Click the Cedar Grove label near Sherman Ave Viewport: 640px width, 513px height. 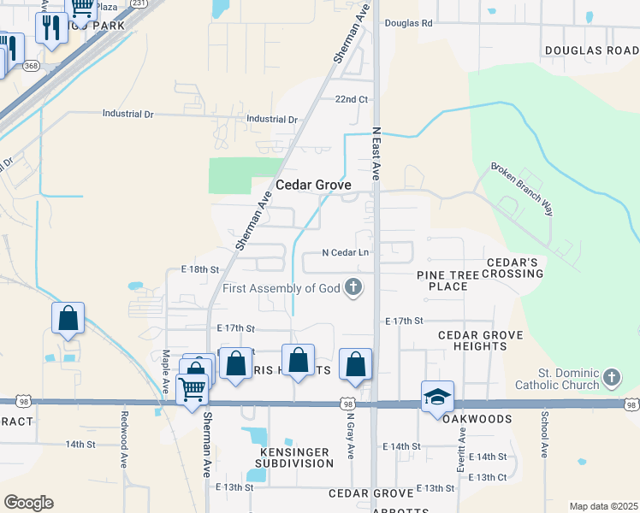coord(313,185)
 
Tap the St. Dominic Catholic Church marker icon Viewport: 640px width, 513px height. coord(611,377)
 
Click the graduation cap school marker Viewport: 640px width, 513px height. coord(436,396)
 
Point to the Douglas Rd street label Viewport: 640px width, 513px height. coord(408,23)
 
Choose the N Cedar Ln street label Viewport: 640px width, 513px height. coord(345,252)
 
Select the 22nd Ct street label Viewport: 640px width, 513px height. coord(351,99)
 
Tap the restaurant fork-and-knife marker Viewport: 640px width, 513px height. coord(51,28)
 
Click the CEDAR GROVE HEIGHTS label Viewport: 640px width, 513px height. coord(472,340)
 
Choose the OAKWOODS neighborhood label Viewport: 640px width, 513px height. coord(477,419)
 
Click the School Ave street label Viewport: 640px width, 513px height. coord(544,435)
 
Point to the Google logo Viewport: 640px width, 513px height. coord(28,503)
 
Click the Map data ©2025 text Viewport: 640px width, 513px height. coord(602,506)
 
